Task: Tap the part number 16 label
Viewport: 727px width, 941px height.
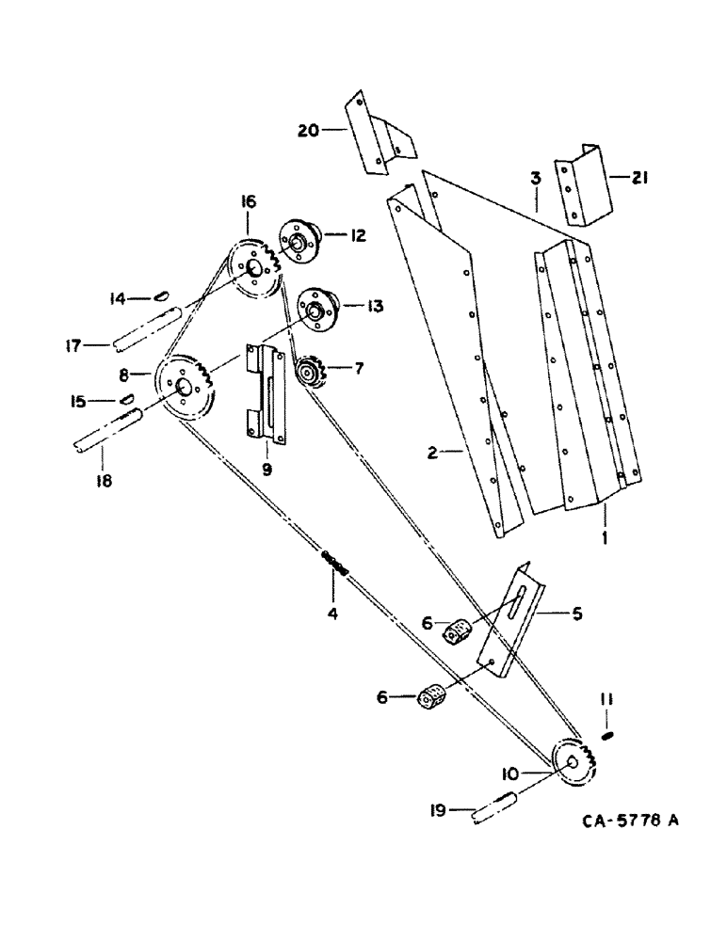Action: click(x=248, y=200)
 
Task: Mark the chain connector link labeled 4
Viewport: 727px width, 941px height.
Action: click(x=335, y=564)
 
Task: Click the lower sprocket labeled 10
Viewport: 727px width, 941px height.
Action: click(x=574, y=765)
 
